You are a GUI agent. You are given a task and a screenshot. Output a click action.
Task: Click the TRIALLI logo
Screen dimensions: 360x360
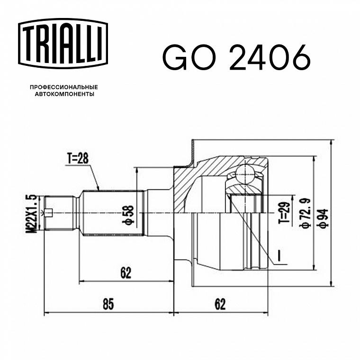click(63, 44)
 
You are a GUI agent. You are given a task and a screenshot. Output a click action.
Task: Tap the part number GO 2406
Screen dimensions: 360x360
click(236, 58)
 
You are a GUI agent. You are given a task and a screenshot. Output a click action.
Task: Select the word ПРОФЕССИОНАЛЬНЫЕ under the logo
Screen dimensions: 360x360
click(64, 87)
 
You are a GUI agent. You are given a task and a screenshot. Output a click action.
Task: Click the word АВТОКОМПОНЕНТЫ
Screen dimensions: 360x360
click(64, 94)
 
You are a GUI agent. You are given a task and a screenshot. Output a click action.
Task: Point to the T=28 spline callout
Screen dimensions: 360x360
click(78, 158)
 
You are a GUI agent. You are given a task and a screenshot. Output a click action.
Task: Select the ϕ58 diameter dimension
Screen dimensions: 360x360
click(129, 215)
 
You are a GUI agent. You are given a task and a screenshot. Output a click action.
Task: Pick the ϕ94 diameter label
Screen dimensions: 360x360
click(323, 218)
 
